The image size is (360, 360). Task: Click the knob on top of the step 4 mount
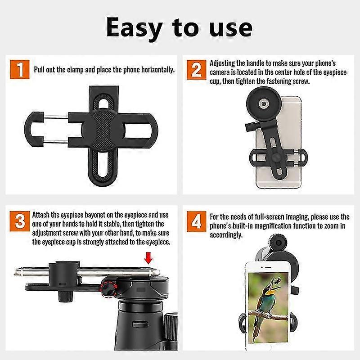coord(278,242)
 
